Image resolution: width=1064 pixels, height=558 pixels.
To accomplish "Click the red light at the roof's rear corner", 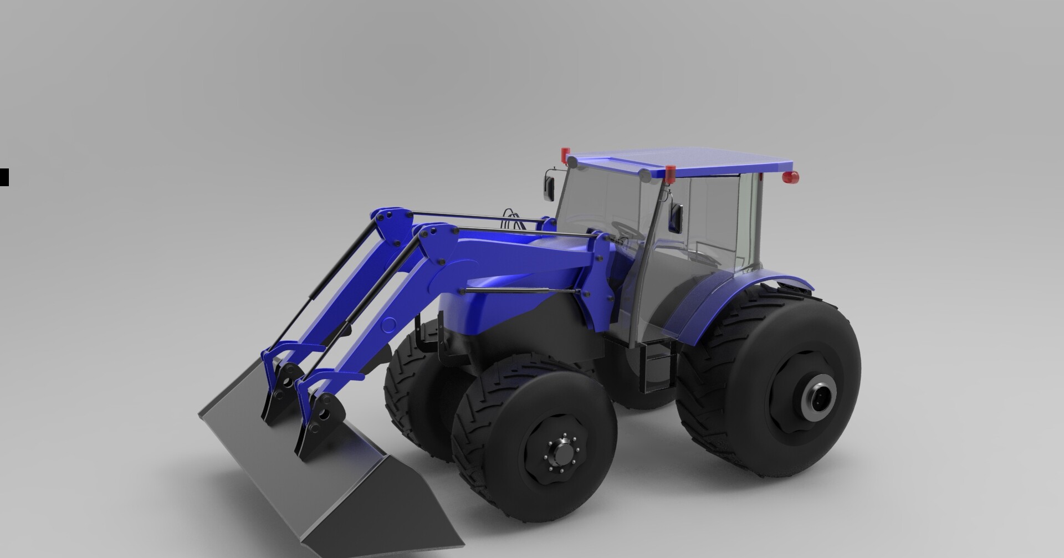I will coord(791,177).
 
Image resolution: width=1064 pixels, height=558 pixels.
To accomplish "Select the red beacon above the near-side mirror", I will coord(671,173).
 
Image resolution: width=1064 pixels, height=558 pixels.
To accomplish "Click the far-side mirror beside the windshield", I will coord(549,187).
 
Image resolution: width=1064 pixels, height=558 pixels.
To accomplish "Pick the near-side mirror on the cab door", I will coord(677,218).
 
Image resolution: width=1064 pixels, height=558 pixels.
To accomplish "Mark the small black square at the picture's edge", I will coord(4,177).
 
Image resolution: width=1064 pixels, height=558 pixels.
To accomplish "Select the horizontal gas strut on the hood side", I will coord(521,290).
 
